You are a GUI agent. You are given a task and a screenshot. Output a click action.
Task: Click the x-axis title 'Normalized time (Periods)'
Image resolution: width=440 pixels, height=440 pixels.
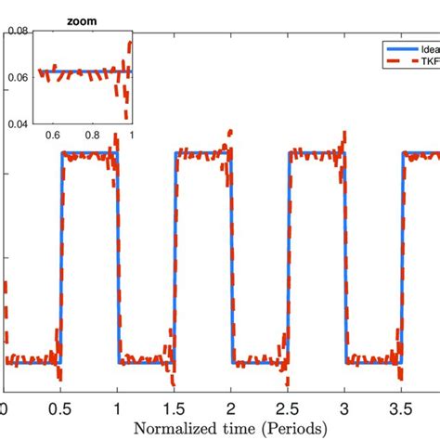(230, 428)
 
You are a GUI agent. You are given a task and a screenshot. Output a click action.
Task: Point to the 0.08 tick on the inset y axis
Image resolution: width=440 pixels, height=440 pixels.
(16, 30)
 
